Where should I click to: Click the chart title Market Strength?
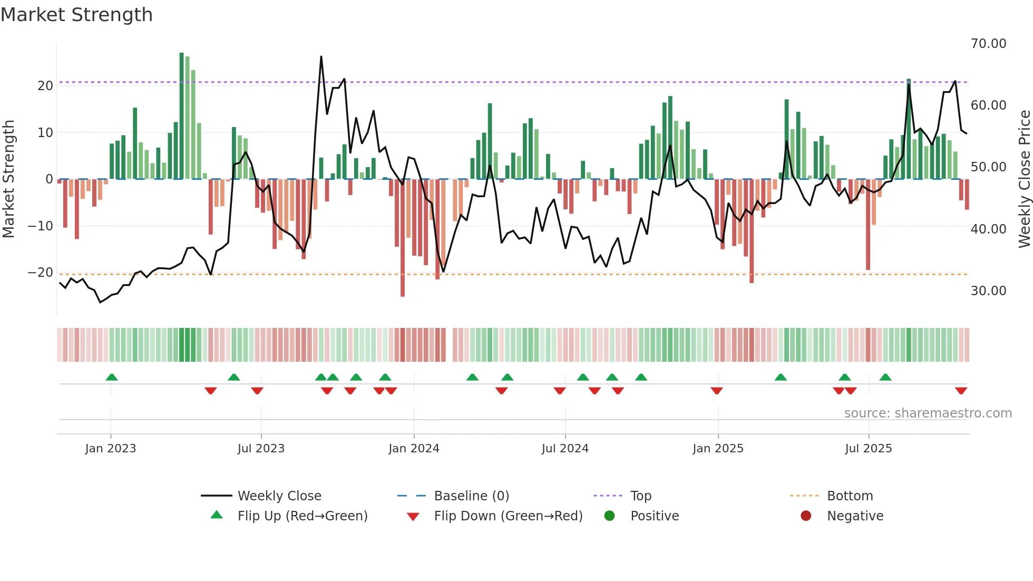[76, 15]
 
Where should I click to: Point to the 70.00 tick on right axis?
[988, 44]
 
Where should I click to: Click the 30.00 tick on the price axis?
[988, 291]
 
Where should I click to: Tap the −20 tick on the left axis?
[41, 273]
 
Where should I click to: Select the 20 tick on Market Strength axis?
[45, 86]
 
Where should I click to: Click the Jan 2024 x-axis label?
[414, 449]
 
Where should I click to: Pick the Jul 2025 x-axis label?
[868, 449]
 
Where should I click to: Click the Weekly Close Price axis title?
[1024, 179]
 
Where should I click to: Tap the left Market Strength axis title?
[9, 179]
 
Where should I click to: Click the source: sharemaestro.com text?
[928, 413]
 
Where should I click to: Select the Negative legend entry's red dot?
[806, 516]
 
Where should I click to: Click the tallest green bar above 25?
[182, 116]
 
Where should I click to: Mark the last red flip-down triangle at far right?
[961, 391]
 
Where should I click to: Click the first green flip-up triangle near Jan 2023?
[112, 377]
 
